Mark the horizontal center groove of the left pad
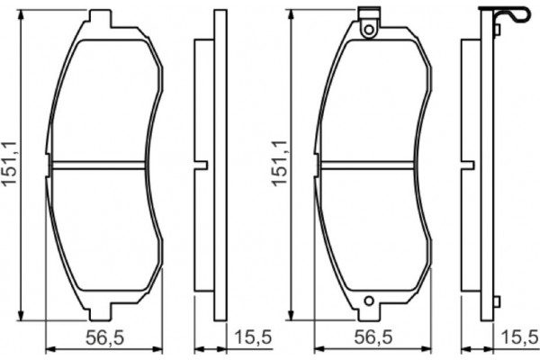coord(99,166)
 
